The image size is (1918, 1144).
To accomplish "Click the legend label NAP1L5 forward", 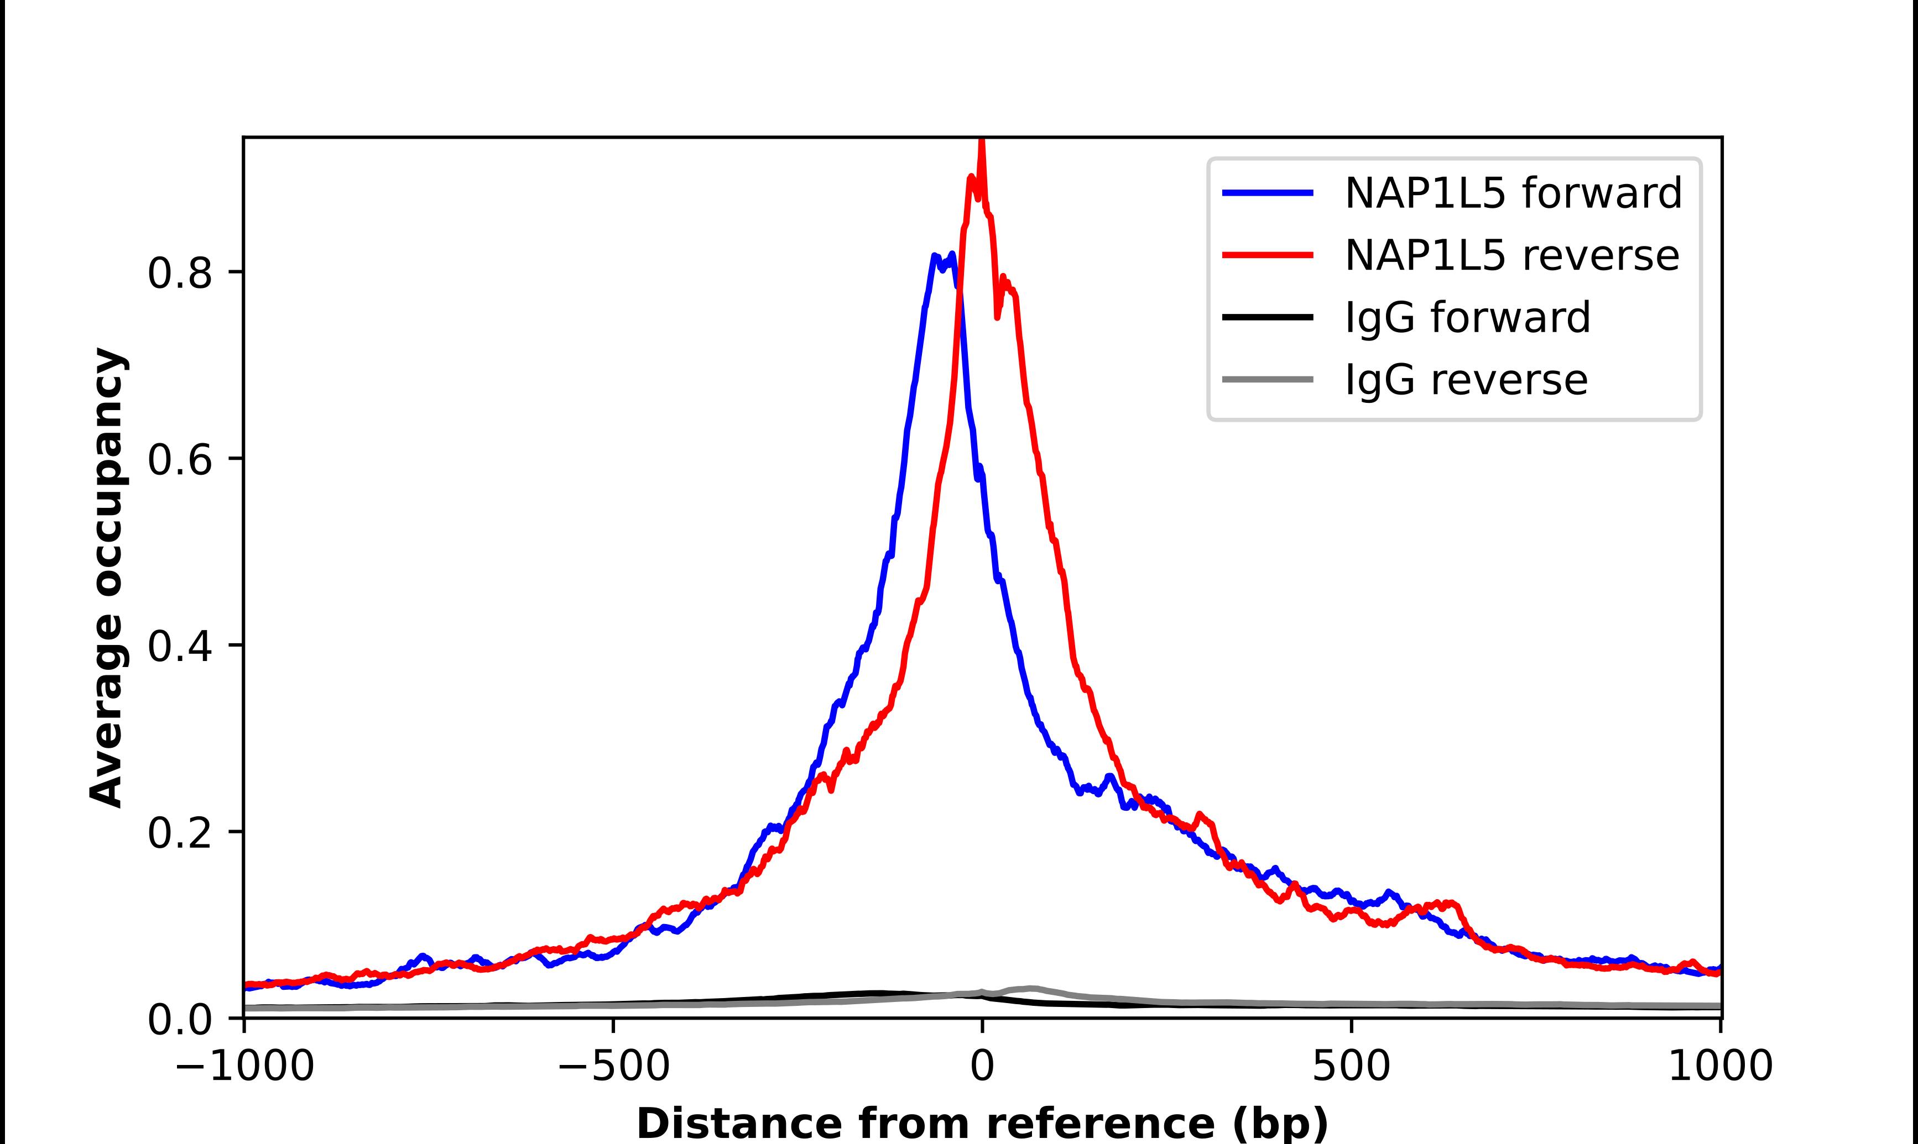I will tap(1513, 193).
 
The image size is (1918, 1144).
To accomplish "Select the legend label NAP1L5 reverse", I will tap(1511, 255).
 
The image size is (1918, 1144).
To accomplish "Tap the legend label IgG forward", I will tap(1467, 318).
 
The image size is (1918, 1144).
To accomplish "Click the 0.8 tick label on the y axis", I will tap(179, 273).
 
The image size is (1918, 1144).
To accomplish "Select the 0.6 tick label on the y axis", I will tap(179, 460).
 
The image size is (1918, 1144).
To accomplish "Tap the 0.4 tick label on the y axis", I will tap(179, 646).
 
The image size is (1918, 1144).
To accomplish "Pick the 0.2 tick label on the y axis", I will tap(179, 832).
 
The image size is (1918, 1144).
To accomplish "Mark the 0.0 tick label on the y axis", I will tap(179, 1020).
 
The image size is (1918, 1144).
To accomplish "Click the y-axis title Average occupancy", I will tap(106, 578).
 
